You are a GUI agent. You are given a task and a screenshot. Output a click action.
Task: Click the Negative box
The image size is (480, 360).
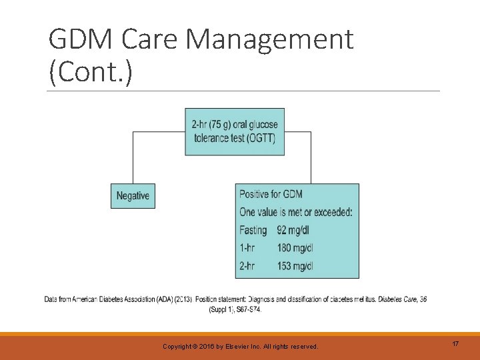(x=133, y=196)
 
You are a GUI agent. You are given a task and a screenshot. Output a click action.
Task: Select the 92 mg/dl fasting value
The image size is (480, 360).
(x=293, y=230)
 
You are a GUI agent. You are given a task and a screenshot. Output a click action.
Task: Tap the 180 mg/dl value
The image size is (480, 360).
(x=295, y=248)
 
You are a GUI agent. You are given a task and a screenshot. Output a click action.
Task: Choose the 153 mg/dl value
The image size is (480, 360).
(x=295, y=266)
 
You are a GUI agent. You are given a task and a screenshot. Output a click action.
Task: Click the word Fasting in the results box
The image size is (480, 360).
(x=253, y=230)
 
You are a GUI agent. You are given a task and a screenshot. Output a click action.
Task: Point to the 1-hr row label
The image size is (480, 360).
(x=247, y=248)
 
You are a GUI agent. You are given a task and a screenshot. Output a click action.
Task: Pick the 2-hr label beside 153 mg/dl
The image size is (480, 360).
(x=247, y=266)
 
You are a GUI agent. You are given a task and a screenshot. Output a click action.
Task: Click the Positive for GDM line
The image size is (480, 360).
(x=271, y=194)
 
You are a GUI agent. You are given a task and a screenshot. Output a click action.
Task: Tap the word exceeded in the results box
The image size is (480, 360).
(x=329, y=212)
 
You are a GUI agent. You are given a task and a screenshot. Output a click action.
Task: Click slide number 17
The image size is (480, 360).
(x=455, y=344)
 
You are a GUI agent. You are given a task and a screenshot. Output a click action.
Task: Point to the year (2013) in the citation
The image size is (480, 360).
(x=183, y=300)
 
